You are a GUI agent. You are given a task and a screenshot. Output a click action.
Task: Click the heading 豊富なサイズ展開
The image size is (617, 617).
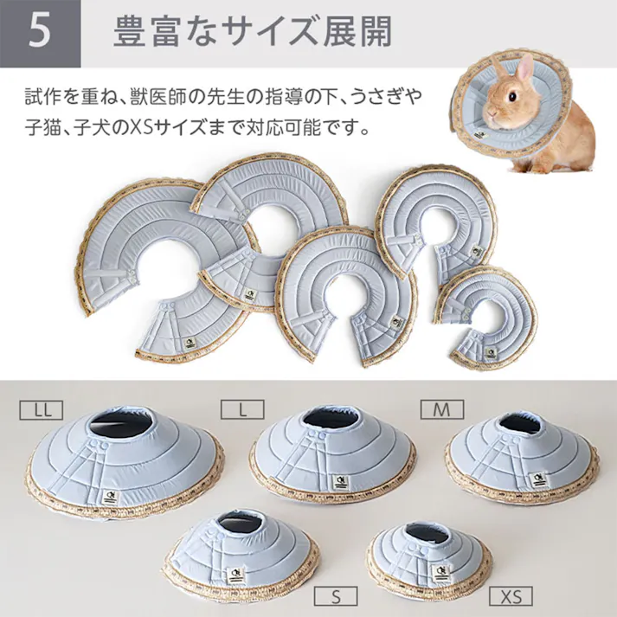[253, 33]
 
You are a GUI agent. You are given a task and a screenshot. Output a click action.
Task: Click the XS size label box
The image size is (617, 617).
[511, 595]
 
